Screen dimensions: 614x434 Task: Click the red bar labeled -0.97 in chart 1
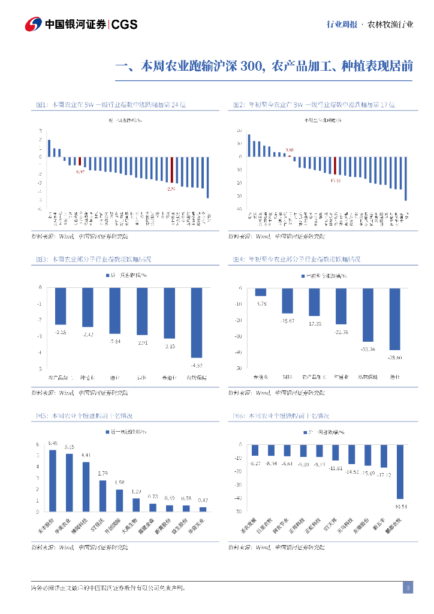click(x=80, y=161)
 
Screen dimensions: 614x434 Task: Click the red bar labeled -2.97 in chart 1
click(x=171, y=170)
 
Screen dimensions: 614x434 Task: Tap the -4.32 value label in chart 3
click(x=197, y=365)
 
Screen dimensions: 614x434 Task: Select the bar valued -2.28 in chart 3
click(x=61, y=306)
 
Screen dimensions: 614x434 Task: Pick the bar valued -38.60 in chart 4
click(x=394, y=319)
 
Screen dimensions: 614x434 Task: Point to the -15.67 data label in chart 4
click(x=288, y=321)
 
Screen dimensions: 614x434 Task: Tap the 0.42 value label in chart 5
click(x=203, y=500)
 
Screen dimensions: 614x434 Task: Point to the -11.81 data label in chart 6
click(x=335, y=468)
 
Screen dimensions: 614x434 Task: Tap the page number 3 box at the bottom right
click(x=408, y=588)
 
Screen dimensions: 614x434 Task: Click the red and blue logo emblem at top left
click(x=34, y=25)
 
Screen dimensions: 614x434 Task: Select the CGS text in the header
click(x=125, y=25)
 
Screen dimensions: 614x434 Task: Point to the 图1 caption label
click(x=41, y=104)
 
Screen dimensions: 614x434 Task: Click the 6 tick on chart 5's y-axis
click(x=38, y=444)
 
